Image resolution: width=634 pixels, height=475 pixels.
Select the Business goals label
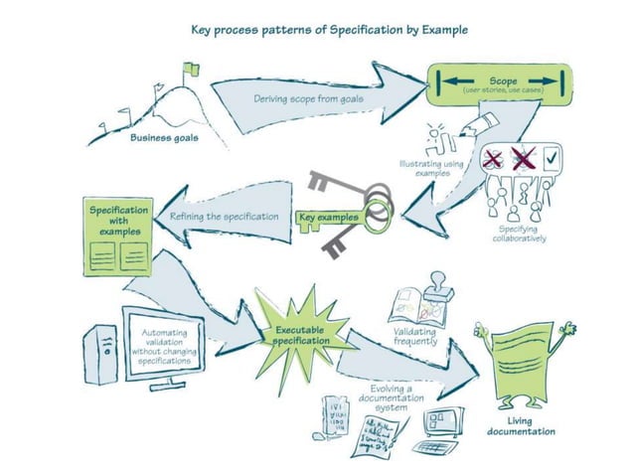[163, 139]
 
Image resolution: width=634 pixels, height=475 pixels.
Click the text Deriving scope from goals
[307, 99]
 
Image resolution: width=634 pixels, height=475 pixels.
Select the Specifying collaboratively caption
[519, 234]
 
